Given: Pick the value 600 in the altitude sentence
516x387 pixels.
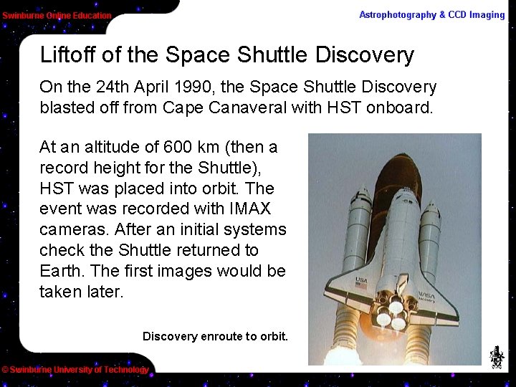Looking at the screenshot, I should [x=178, y=148].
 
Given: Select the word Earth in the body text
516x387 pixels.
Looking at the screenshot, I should [x=60, y=272].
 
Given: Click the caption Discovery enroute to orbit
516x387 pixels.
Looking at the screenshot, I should [x=215, y=336].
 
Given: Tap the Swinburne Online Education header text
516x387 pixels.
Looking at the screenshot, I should [x=57, y=16].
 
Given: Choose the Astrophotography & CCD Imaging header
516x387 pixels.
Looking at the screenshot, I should [x=431, y=15].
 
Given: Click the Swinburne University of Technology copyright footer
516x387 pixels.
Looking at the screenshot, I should [x=75, y=370].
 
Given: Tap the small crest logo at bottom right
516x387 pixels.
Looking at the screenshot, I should [x=496, y=356].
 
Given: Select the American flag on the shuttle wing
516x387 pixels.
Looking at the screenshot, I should [x=361, y=285].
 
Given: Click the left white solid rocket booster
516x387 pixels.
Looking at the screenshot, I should [x=356, y=229].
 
